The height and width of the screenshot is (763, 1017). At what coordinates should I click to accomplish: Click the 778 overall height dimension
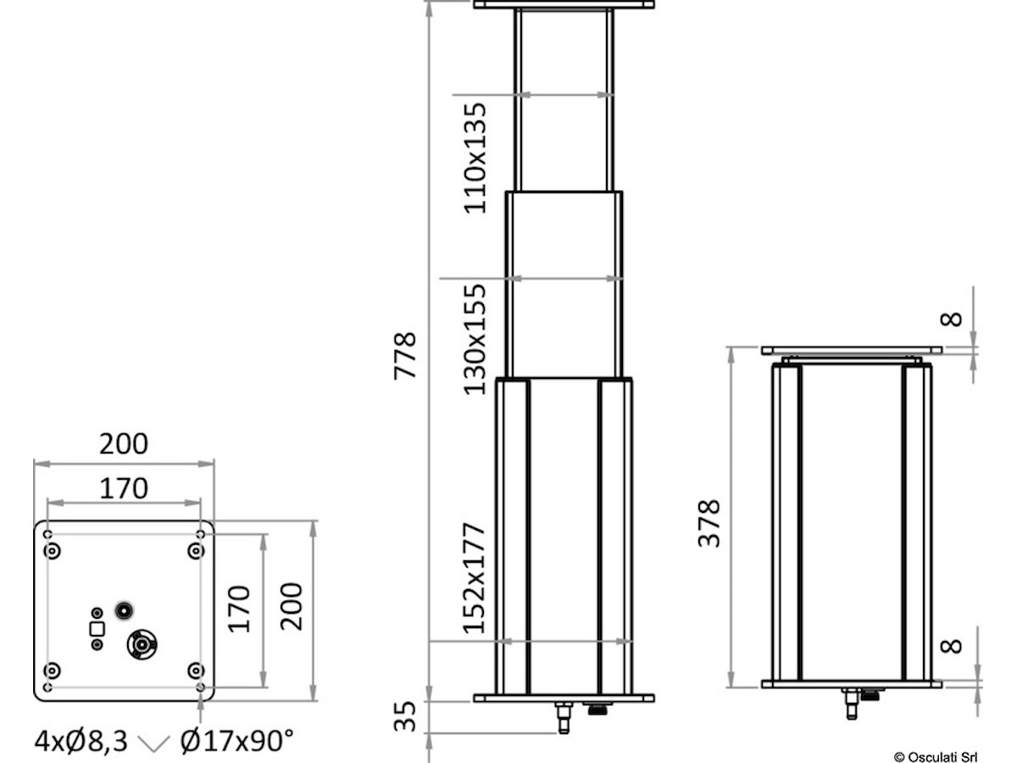coord(404,356)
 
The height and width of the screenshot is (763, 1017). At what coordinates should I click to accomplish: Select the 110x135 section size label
coord(475,159)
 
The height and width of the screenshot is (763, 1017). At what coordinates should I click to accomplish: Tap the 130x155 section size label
coord(475,340)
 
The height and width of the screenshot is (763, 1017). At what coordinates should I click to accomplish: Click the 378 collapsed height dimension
coord(709,523)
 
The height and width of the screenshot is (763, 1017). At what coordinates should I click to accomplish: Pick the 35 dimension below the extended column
coord(405,716)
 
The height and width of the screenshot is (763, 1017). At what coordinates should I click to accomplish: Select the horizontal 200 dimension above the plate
coord(124,443)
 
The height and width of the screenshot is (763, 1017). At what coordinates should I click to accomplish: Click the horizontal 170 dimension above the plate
coord(124,488)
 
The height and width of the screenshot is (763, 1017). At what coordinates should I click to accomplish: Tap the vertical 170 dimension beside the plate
coord(239,610)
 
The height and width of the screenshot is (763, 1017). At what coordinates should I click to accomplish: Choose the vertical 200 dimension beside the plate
coord(292,606)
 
